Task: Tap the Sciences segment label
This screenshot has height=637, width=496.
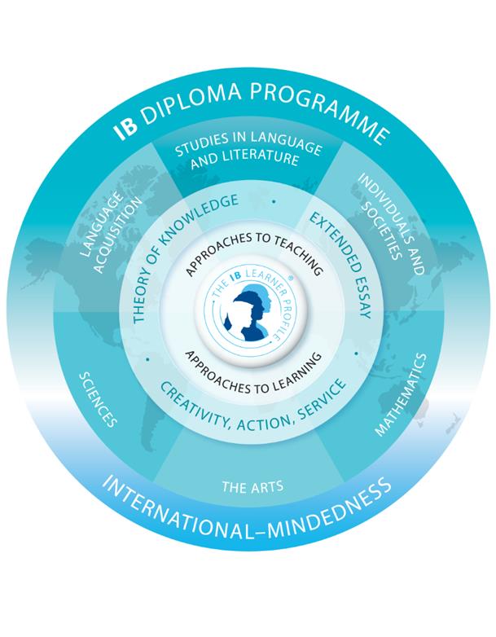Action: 97,399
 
